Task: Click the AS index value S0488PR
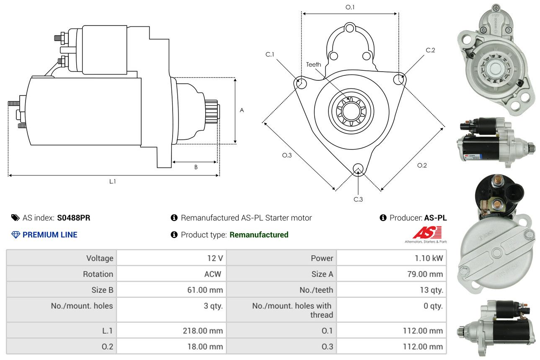tap(74, 218)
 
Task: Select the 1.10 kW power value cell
tap(392, 258)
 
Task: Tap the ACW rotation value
tap(213, 274)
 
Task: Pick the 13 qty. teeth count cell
tap(392, 290)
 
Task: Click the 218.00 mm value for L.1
tap(203, 331)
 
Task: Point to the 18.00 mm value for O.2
tap(205, 347)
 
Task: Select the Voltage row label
tap(100, 258)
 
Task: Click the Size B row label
tap(102, 290)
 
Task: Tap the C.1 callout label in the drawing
tap(270, 54)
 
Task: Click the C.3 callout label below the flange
tap(358, 199)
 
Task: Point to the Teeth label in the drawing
tap(313, 64)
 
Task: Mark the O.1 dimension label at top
tap(350, 7)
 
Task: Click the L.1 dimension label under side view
tap(113, 181)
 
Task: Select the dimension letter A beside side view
tap(242, 111)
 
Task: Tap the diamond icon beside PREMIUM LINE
tap(16, 235)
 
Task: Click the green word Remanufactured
tap(259, 235)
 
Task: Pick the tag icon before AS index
tap(16, 218)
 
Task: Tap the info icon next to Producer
tap(383, 218)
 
